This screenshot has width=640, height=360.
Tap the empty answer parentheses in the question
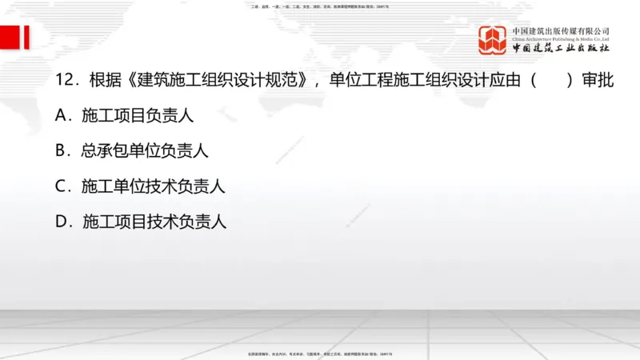pyautogui.click(x=551, y=81)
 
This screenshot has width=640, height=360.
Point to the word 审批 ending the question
pyautogui.click(x=598, y=81)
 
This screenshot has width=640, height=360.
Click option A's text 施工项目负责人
pyautogui.click(x=138, y=116)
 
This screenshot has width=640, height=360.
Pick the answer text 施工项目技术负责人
pyautogui.click(x=154, y=222)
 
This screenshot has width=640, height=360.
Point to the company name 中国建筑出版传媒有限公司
pyautogui.click(x=561, y=30)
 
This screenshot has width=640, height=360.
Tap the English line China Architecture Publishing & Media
pyautogui.click(x=561, y=38)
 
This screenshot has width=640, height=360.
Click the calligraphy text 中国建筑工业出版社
pyautogui.click(x=561, y=49)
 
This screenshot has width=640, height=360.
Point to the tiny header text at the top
pyautogui.click(x=320, y=7)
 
